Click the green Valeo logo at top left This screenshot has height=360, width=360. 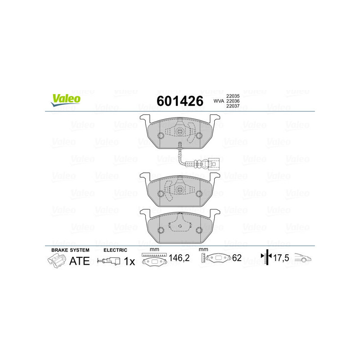66,100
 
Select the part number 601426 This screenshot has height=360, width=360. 179,101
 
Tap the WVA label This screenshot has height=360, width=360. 218,101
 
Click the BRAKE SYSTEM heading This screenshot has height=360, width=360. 70,250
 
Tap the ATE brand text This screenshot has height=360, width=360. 79,261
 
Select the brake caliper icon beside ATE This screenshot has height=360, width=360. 56,261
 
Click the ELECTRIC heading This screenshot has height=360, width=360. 116,250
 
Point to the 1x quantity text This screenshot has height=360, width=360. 129,261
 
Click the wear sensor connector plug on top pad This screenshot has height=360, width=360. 217,163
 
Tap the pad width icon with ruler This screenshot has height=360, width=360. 154,260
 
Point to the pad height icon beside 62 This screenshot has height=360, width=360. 216,258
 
